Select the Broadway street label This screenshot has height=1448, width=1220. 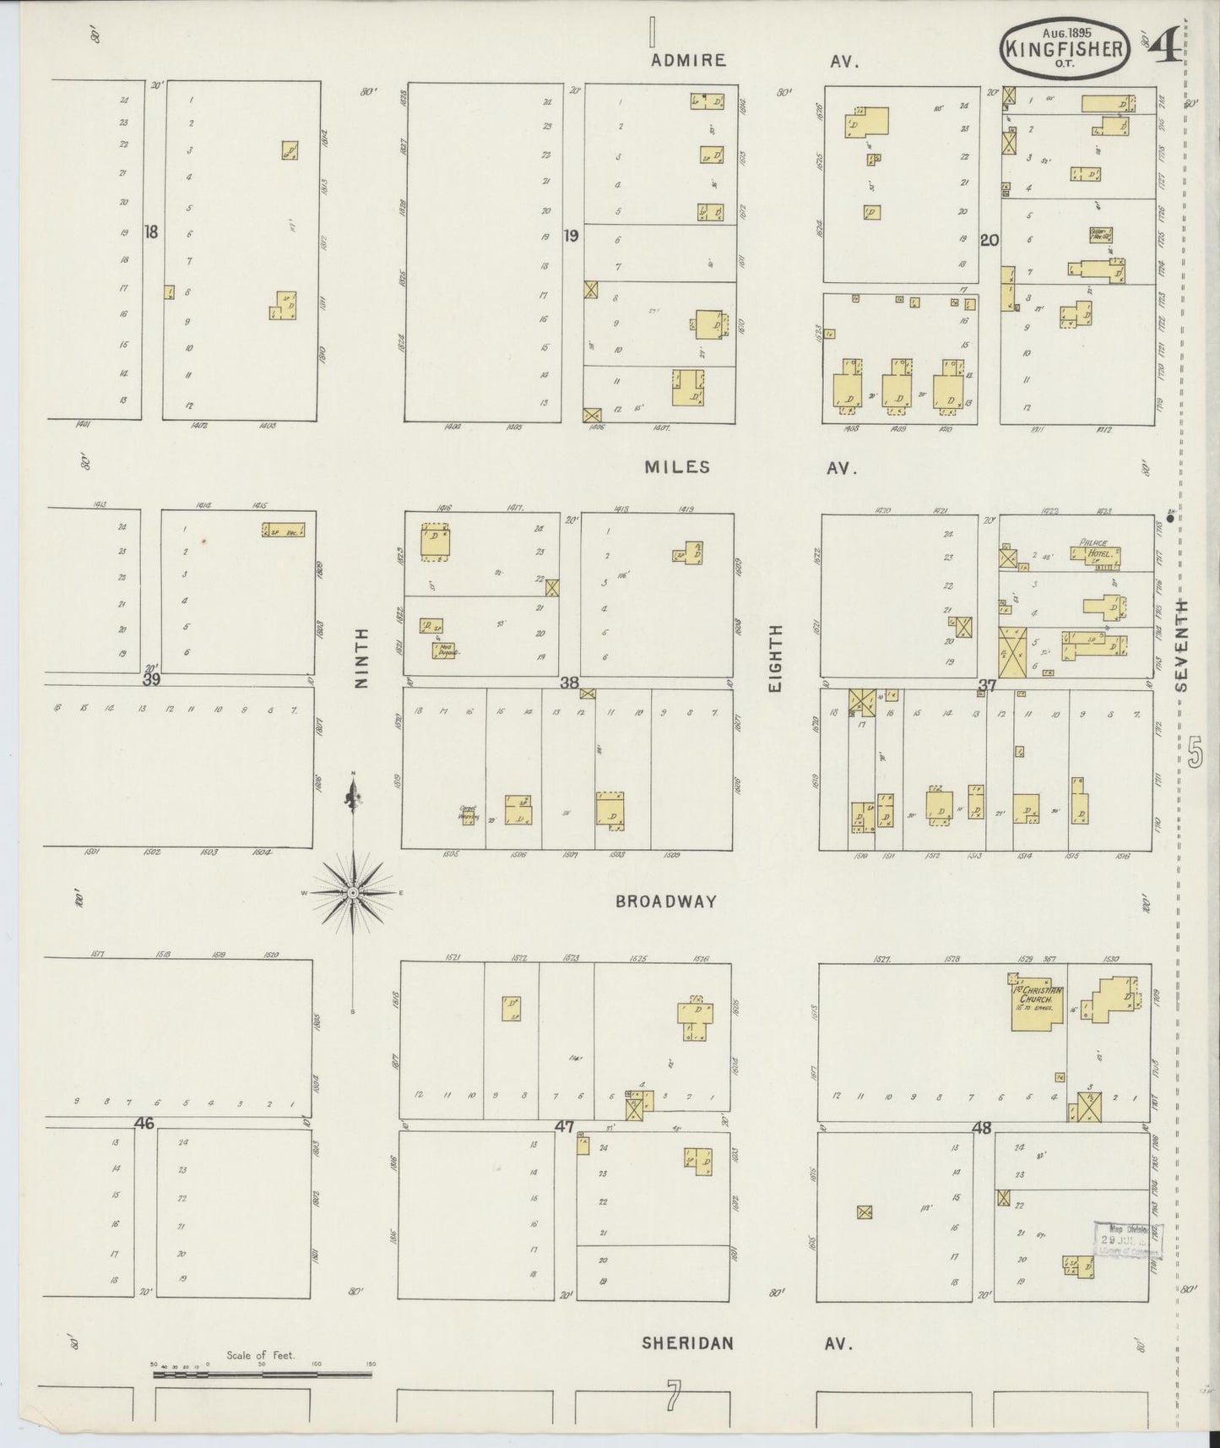point(665,901)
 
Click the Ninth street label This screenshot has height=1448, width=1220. point(361,658)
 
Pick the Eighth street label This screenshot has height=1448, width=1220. point(776,659)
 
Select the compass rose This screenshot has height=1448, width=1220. point(354,892)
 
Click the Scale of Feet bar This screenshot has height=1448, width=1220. point(262,1375)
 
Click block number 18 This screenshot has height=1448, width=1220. point(151,231)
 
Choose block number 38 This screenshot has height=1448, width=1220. point(569,683)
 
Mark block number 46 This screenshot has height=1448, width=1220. point(144,1124)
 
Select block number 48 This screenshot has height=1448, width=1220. point(981,1127)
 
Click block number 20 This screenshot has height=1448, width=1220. point(990,240)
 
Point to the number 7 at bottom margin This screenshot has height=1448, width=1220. point(672,1397)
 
